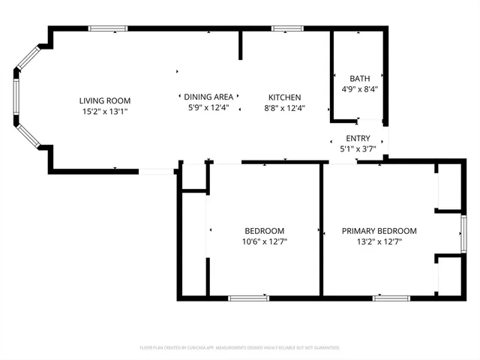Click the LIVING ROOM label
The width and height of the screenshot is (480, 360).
(105, 100)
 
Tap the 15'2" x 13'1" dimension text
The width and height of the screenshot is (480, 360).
(105, 112)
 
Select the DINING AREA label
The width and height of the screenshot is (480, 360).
(209, 97)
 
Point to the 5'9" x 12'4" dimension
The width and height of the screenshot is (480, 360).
(209, 108)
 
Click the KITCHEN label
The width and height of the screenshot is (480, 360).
(285, 97)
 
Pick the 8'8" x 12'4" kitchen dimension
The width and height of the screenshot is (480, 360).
(285, 108)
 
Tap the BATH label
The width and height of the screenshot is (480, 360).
(358, 79)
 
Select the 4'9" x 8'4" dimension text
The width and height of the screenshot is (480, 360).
(358, 89)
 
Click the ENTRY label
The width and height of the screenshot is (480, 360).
(358, 138)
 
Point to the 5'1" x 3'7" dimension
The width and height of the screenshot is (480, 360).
(358, 148)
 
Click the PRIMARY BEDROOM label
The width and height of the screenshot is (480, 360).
(379, 231)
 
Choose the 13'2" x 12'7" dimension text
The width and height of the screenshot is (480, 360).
(379, 241)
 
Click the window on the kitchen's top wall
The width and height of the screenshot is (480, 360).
(286, 28)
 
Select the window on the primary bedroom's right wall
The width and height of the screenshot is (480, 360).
(463, 232)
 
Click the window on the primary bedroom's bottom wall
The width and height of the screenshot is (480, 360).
(391, 298)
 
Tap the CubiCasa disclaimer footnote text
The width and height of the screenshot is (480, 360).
(239, 348)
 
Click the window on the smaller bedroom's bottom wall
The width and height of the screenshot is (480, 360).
(248, 298)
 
